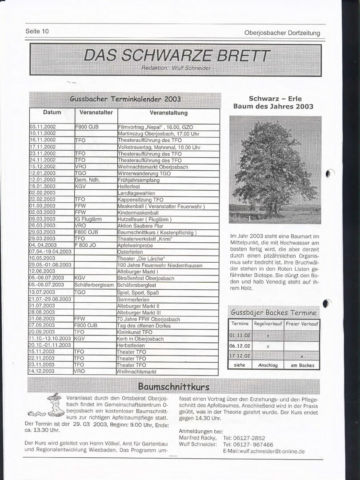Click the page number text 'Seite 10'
point(37,32)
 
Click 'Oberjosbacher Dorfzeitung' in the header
point(282,33)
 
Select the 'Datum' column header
point(52,112)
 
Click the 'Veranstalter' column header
point(96,112)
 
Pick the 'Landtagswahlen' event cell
point(136,193)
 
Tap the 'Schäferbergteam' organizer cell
point(94,285)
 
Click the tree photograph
point(275,170)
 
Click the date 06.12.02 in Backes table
point(240,346)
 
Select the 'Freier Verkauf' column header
point(302,324)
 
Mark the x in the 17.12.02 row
point(302,356)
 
